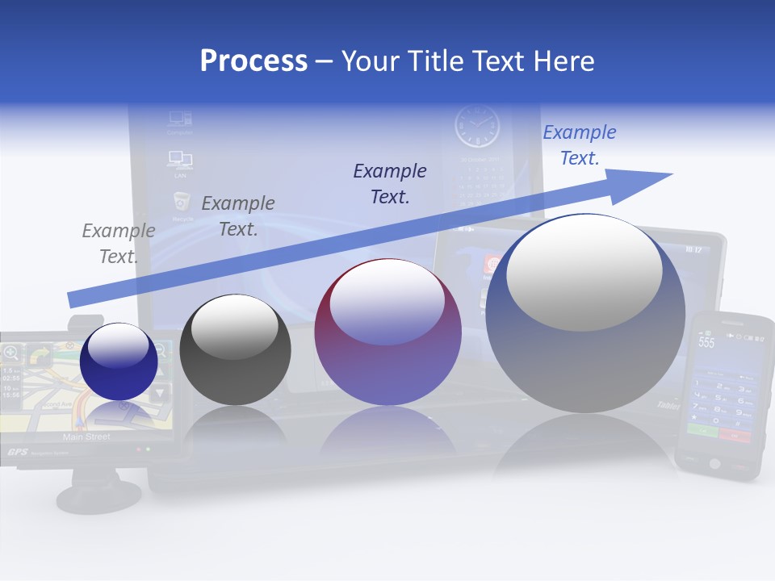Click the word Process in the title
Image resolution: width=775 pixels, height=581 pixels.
(x=253, y=61)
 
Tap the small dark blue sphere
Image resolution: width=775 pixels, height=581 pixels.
(x=119, y=361)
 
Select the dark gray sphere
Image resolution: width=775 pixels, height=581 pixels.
(x=235, y=349)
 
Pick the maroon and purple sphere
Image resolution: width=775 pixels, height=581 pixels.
(x=387, y=332)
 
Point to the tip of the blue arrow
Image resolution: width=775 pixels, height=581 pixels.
(x=670, y=174)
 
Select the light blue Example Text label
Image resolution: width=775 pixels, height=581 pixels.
(x=579, y=145)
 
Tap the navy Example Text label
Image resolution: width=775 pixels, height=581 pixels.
(x=390, y=183)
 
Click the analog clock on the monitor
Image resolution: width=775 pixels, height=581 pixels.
(x=477, y=127)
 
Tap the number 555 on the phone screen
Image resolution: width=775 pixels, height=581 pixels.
(x=706, y=342)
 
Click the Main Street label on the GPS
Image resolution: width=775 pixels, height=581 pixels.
(x=86, y=437)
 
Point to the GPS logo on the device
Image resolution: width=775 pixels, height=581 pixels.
(x=18, y=452)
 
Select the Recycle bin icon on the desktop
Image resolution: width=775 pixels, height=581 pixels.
(x=181, y=203)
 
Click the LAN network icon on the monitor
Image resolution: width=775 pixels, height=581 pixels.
(x=180, y=158)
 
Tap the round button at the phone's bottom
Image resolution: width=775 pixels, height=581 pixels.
(x=713, y=463)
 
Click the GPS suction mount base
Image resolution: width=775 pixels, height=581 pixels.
(x=101, y=495)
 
